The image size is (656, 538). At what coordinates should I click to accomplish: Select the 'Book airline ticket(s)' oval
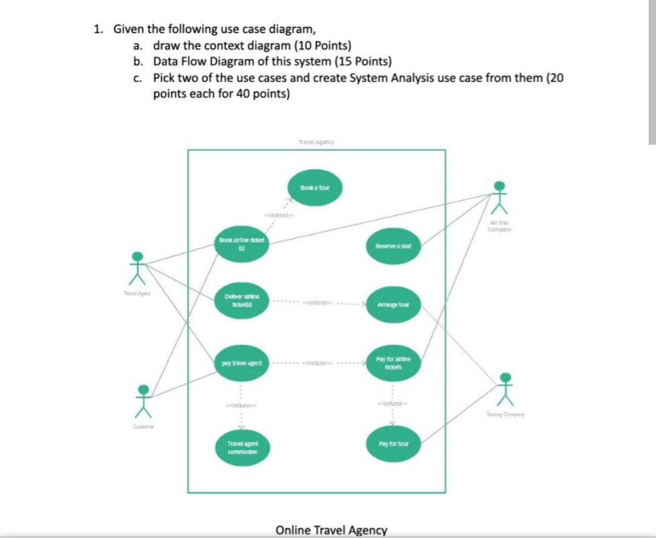(x=240, y=245)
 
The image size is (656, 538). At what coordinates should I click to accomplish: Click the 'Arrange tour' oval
(x=394, y=304)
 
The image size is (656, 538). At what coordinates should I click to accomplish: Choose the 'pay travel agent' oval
(x=241, y=363)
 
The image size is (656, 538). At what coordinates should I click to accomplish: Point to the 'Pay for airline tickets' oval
(x=394, y=363)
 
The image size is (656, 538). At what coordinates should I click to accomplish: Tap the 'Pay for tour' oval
(x=394, y=444)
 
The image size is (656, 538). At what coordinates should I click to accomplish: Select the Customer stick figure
(x=143, y=401)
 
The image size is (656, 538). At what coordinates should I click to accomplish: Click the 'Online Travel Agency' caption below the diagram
(x=331, y=530)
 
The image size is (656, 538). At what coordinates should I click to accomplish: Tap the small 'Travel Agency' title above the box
(x=316, y=142)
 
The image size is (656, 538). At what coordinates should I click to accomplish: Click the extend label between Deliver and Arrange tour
(x=318, y=302)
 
